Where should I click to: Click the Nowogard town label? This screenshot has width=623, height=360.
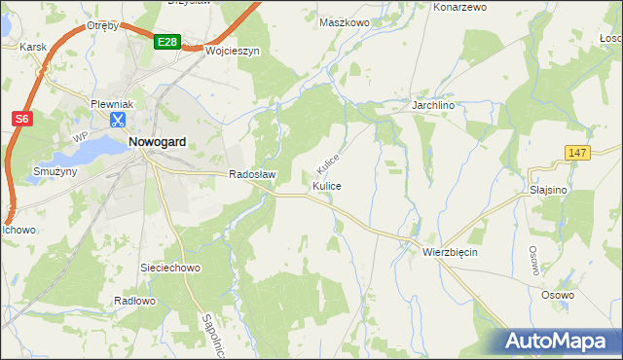[x=157, y=141]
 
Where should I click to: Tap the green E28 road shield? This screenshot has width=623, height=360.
[x=167, y=42]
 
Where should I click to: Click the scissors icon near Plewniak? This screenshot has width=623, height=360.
[x=117, y=121]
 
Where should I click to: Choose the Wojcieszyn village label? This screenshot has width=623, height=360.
[x=231, y=52]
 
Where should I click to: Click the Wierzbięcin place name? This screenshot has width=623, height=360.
[x=450, y=251]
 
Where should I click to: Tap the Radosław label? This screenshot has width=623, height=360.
[x=253, y=175]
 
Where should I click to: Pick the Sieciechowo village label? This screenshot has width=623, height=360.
[x=170, y=266]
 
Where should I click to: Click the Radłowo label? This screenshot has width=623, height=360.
[x=134, y=301]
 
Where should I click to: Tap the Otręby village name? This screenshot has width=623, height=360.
[x=102, y=25]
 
